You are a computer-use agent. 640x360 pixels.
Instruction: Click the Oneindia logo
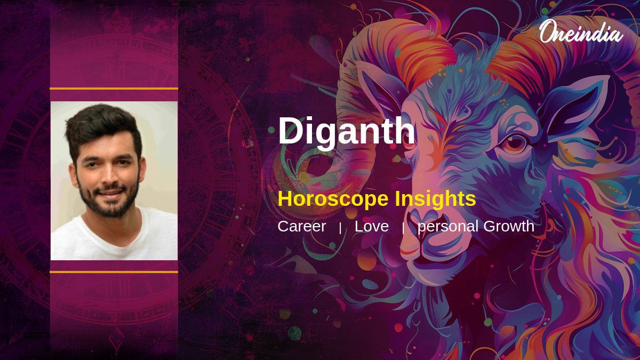(581, 32)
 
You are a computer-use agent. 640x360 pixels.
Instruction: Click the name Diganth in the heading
(346, 131)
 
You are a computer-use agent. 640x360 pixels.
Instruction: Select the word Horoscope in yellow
(333, 199)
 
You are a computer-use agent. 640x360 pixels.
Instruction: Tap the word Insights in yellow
(435, 199)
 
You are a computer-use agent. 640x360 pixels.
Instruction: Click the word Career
(301, 226)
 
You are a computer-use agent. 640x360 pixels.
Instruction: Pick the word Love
(371, 226)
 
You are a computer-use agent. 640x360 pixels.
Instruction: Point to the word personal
(448, 226)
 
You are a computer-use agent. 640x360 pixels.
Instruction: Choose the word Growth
(509, 226)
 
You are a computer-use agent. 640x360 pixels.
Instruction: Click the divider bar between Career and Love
(340, 228)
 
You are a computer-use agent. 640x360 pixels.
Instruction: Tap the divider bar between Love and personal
(403, 228)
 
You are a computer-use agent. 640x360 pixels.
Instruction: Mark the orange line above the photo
(114, 89)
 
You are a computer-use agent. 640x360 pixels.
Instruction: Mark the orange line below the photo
(114, 271)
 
